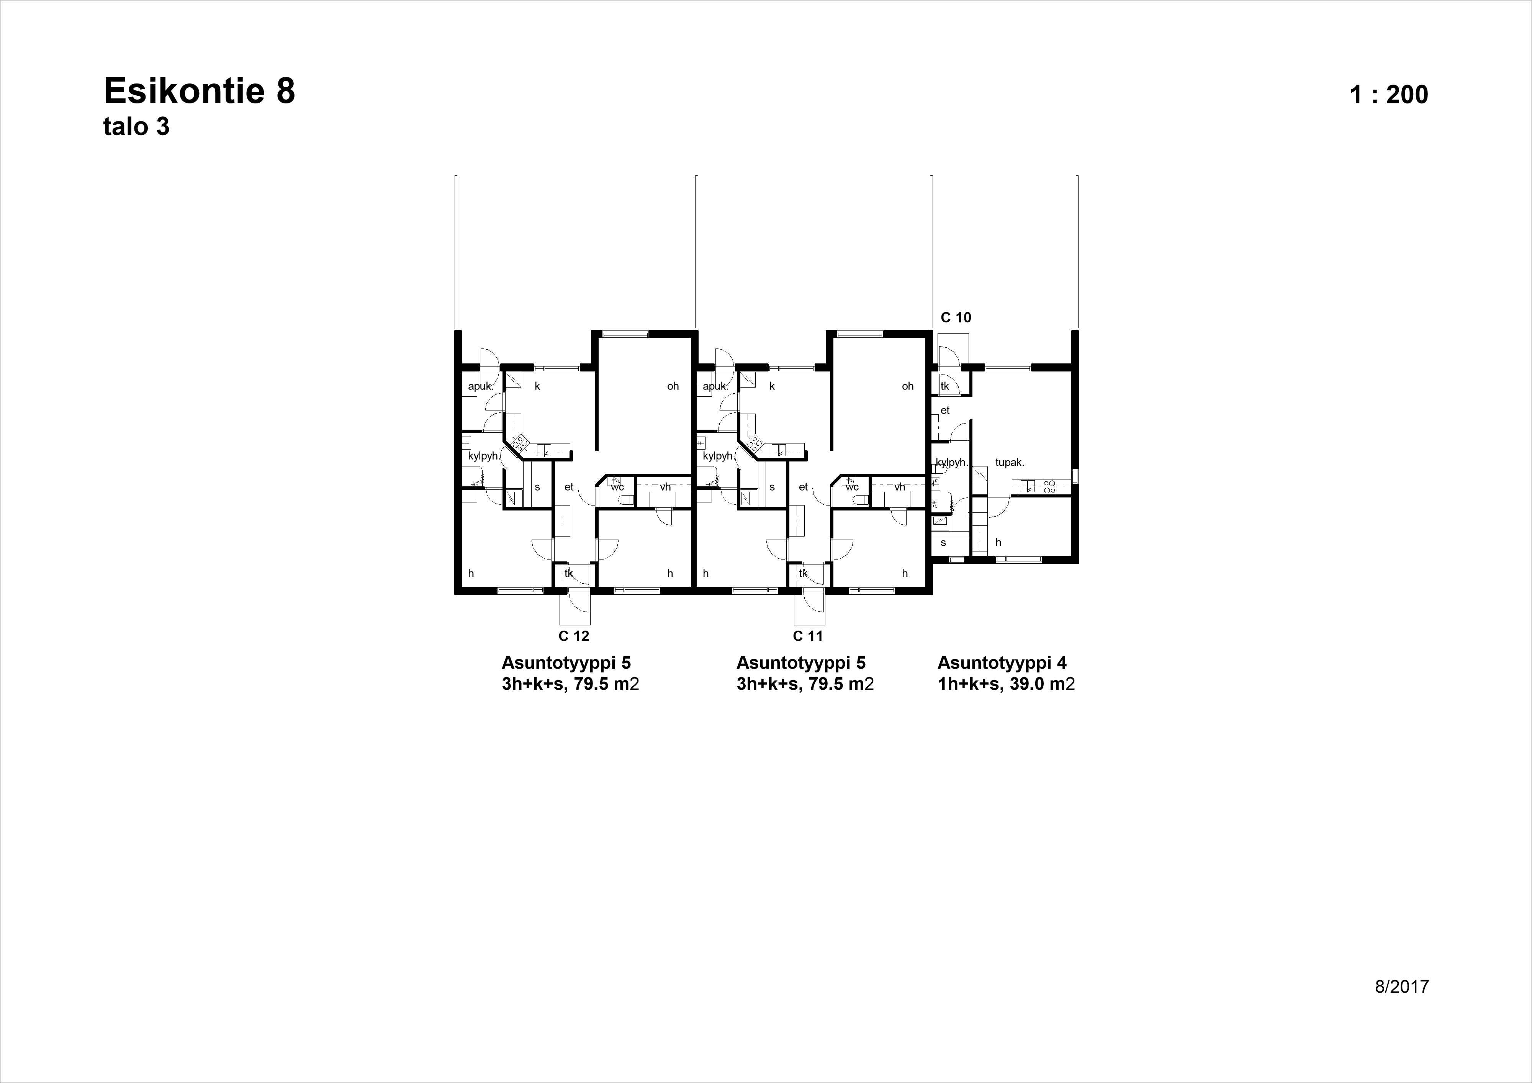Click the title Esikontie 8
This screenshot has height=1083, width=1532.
pyautogui.click(x=199, y=92)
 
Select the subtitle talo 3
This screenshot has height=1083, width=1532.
pyautogui.click(x=136, y=127)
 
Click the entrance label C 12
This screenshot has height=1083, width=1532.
pyautogui.click(x=574, y=636)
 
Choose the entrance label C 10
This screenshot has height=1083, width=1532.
pyautogui.click(x=956, y=317)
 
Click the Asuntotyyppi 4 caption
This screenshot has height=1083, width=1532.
pyautogui.click(x=1002, y=663)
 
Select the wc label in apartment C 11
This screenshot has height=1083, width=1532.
pyautogui.click(x=852, y=487)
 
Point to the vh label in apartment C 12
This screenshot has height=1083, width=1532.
pyautogui.click(x=665, y=487)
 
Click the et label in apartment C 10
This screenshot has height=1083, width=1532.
pyautogui.click(x=945, y=411)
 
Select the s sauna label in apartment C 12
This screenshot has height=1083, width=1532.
pyautogui.click(x=537, y=487)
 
